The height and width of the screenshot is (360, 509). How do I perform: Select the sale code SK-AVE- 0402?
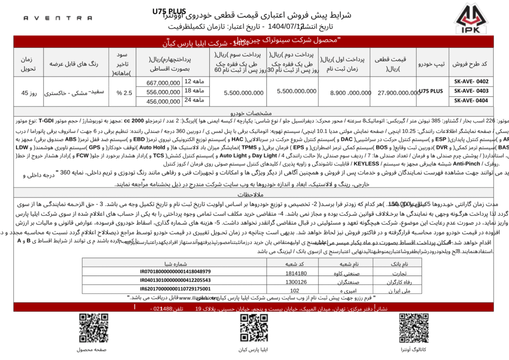[471, 82]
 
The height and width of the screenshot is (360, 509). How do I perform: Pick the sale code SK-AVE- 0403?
[471, 91]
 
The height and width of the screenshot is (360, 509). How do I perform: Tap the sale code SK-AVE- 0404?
[471, 100]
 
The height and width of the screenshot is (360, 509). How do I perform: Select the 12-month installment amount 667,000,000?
[164, 83]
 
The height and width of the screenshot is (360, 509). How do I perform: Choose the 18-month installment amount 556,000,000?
[164, 92]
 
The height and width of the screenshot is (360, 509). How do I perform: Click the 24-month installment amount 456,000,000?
[164, 101]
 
